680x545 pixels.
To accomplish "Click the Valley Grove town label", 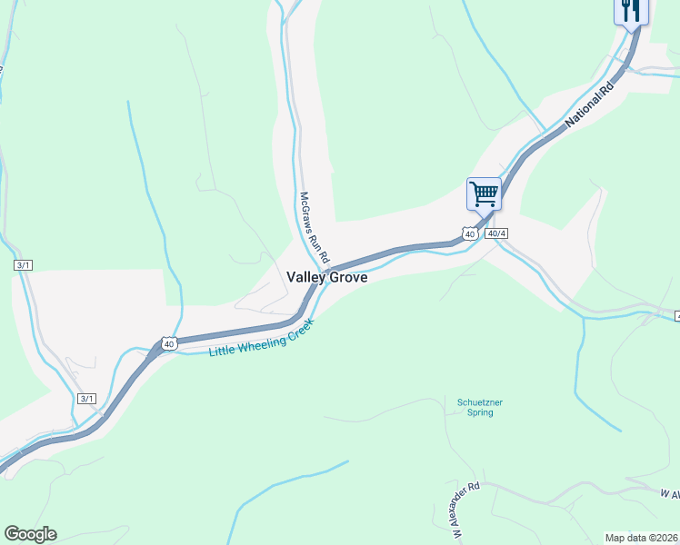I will (327, 278).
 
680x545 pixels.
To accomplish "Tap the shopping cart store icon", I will (484, 193).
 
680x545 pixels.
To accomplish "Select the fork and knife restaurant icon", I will (631, 10).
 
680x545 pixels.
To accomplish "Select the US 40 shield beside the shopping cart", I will (469, 233).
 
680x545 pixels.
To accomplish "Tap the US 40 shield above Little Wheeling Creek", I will (169, 342).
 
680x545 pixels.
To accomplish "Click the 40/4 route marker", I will (495, 233).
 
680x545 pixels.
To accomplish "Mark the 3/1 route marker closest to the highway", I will (87, 399).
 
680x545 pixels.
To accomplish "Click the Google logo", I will (30, 533).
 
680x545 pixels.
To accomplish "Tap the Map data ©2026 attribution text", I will (642, 537).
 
